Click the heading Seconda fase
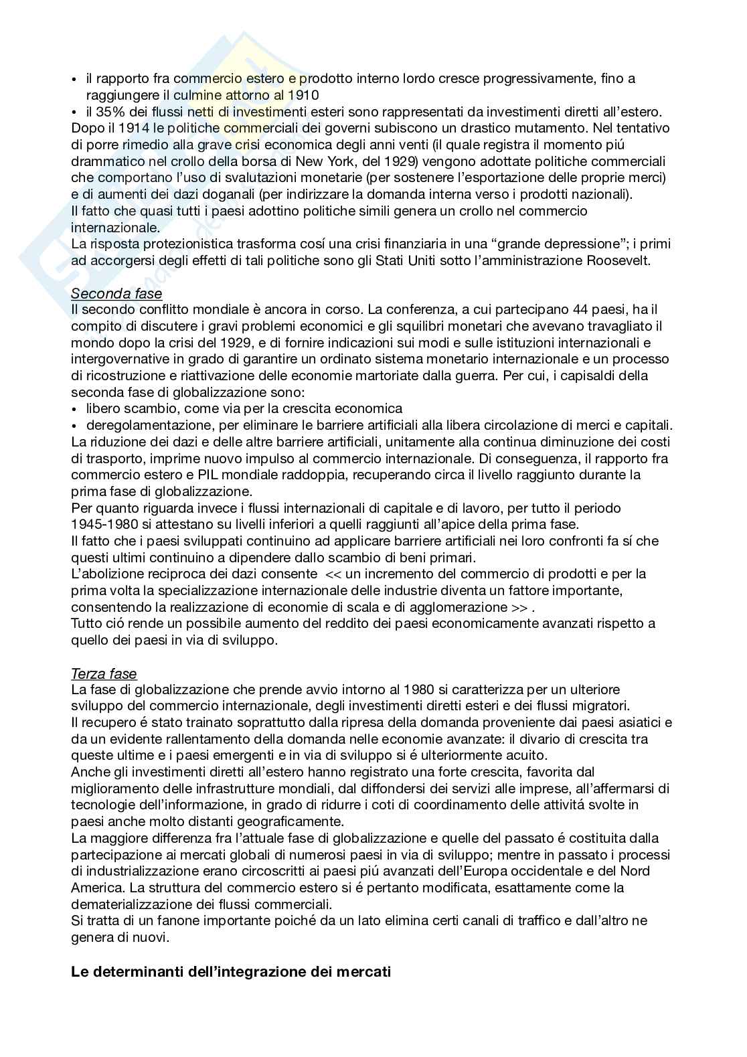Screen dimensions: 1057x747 tap(116, 293)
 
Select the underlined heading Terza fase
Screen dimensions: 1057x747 tap(104, 673)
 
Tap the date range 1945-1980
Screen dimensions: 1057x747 tap(108, 524)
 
